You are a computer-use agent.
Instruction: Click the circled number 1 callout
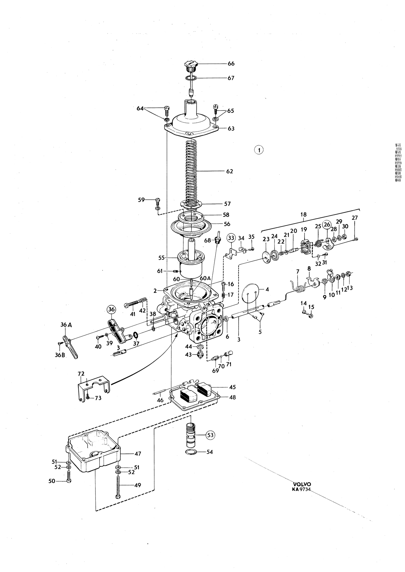click(259, 150)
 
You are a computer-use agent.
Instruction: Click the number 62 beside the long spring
click(230, 171)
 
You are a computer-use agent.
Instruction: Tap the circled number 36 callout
click(111, 310)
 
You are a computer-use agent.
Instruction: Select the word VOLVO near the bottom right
click(302, 484)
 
